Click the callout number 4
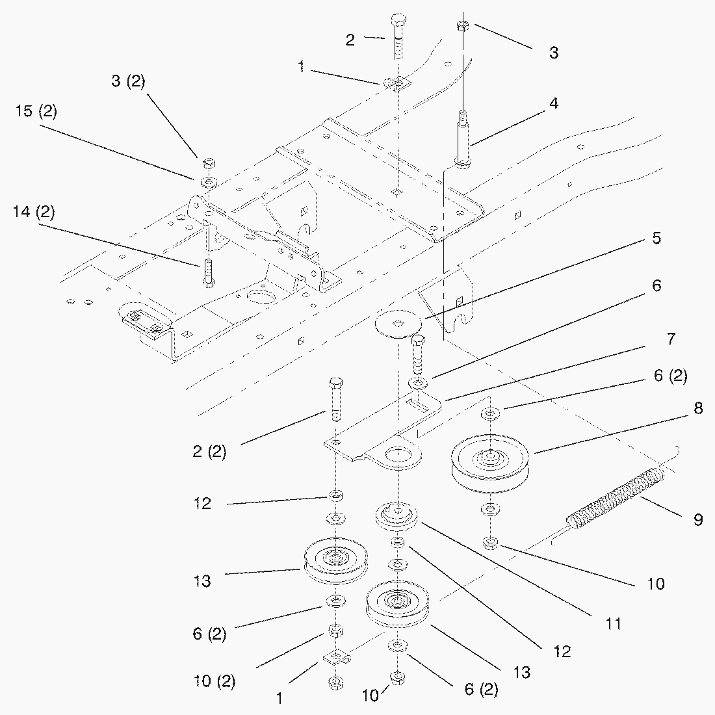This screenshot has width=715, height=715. click(x=553, y=103)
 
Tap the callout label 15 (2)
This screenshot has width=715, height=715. click(x=36, y=110)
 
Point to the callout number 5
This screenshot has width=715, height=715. click(x=656, y=238)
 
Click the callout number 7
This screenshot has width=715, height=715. click(x=670, y=338)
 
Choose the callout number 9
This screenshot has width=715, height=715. click(x=698, y=519)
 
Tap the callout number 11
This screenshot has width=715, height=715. click(x=613, y=624)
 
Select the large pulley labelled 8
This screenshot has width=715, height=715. click(x=491, y=463)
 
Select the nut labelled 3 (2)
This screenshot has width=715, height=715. click(x=208, y=162)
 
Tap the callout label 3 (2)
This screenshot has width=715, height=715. click(x=127, y=81)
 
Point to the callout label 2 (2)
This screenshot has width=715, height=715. click(x=209, y=451)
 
